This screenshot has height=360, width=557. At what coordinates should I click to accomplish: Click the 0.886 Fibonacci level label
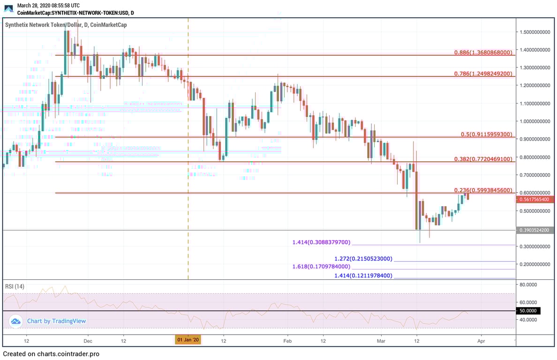[x=483, y=52]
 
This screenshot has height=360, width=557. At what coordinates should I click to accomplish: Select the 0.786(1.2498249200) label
[x=483, y=74]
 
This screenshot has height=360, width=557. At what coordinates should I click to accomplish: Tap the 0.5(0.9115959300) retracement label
[x=486, y=134]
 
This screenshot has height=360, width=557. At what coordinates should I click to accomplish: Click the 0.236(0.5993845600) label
[x=483, y=190]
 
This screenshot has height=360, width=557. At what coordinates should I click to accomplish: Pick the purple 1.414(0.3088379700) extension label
[x=321, y=242]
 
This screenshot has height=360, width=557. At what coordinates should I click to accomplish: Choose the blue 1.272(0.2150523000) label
[x=363, y=259]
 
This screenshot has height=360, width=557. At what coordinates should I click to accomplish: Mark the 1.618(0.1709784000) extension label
[x=321, y=266]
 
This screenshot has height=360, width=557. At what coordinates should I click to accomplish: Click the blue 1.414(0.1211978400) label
[x=363, y=276]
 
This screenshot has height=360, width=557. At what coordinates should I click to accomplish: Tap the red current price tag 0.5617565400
[x=535, y=199]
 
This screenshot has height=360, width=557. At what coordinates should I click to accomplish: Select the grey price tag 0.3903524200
[x=535, y=230]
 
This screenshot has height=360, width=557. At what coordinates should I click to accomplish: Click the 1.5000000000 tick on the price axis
[x=534, y=32]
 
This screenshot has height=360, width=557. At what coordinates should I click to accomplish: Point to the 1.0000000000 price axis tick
[x=534, y=121]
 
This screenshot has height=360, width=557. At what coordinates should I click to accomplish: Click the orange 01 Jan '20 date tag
[x=188, y=340]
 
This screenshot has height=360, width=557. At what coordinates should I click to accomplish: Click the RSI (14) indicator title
[x=15, y=286]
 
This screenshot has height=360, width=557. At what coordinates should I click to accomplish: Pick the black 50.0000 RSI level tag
[x=528, y=310]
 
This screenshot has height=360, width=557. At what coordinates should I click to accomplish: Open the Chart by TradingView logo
[x=48, y=321]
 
